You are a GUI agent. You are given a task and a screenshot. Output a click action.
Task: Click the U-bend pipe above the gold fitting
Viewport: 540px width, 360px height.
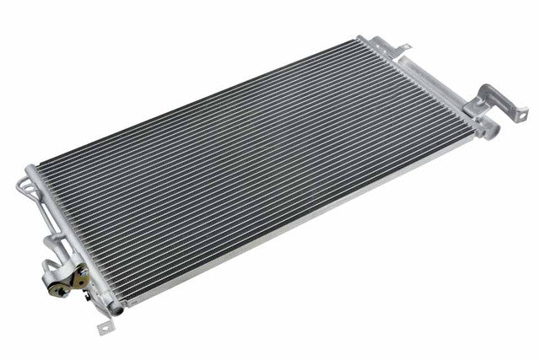click(x=52, y=244)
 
